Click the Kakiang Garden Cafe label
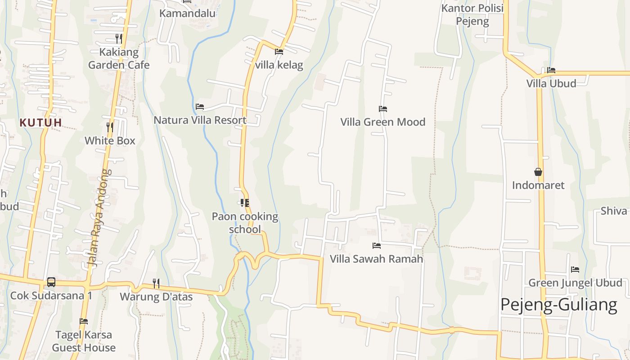(x=119, y=58)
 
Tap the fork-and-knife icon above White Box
(x=109, y=127)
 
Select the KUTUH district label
(x=40, y=122)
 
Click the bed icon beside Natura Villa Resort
(x=200, y=107)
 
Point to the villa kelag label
(x=279, y=65)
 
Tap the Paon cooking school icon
(x=245, y=203)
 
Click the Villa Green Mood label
(x=382, y=122)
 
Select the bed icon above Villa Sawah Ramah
(x=377, y=246)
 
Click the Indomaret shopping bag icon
(x=538, y=172)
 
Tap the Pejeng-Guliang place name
(x=558, y=305)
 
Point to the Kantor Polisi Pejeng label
(x=472, y=14)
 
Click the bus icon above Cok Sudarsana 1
(x=51, y=282)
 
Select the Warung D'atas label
(x=156, y=297)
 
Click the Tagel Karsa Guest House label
(x=84, y=341)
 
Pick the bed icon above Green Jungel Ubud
(x=575, y=270)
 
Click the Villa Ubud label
(x=551, y=83)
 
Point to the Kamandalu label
(x=187, y=13)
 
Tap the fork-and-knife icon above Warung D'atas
(x=156, y=283)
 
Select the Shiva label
(x=614, y=211)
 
